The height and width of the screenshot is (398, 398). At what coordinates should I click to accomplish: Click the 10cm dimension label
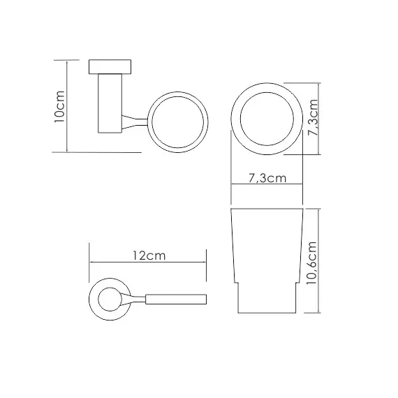(60, 107)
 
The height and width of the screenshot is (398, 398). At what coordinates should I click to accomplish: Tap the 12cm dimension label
(149, 256)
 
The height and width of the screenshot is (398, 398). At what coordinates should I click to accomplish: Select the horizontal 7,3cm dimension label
(267, 178)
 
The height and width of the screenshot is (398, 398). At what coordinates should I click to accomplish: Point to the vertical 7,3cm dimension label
(313, 117)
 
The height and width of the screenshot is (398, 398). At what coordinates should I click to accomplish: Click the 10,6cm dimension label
(312, 263)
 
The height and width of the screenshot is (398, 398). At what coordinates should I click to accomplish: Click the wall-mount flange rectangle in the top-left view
(110, 67)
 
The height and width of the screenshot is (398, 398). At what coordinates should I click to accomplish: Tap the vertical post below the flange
(110, 103)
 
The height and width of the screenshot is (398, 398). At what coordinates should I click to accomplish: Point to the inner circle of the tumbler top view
(267, 93)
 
